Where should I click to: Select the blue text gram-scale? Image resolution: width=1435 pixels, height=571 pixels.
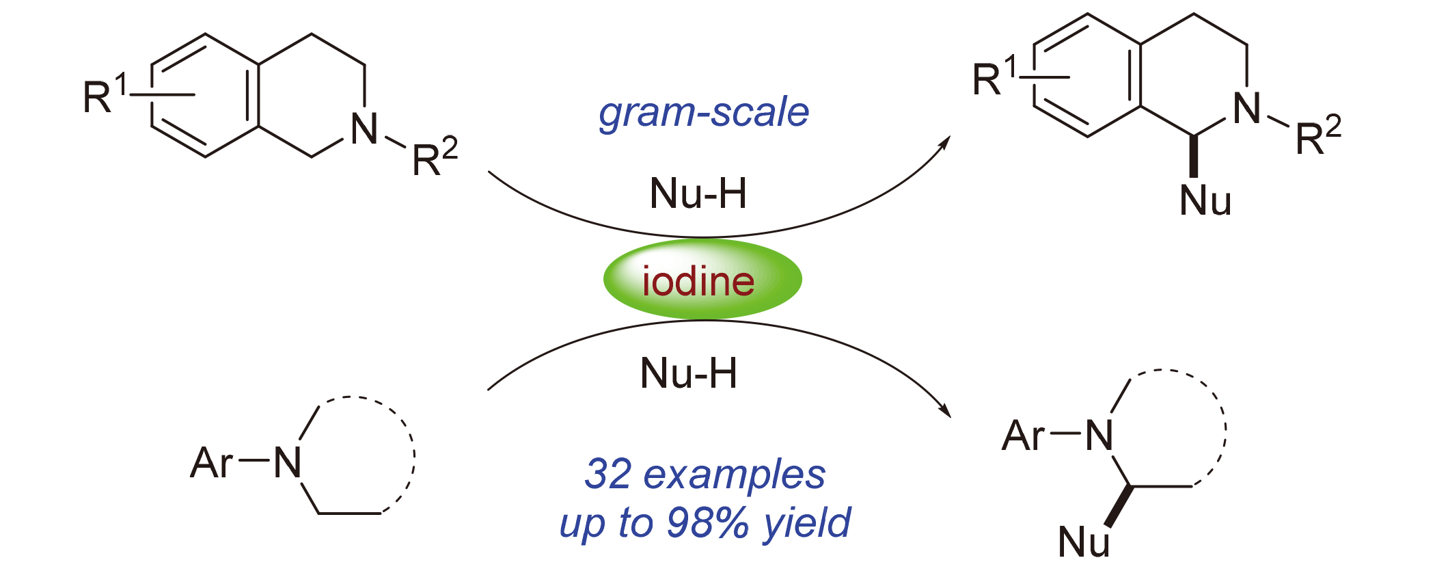pos(704,113)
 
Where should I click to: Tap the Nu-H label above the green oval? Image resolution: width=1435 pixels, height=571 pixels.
pos(698,194)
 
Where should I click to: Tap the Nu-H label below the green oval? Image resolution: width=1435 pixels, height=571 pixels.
pos(689,373)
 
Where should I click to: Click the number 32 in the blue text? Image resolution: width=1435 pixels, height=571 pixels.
pos(607,474)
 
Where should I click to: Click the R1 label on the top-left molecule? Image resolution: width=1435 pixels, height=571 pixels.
pos(105,96)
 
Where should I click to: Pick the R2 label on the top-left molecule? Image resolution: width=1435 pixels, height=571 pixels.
pos(435,158)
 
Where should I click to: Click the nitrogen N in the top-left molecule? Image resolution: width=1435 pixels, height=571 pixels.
pos(364,129)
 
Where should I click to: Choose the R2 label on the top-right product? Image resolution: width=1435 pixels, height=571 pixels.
pos(1318,137)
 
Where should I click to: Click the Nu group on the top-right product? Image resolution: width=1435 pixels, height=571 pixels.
pos(1205,201)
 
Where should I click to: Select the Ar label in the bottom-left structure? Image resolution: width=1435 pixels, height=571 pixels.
pos(212,463)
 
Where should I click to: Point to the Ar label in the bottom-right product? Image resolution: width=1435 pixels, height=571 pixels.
pos(1023,436)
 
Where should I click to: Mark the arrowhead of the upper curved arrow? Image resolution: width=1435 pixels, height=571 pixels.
pos(946,141)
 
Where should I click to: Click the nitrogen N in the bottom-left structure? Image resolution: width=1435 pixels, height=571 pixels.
pos(288,463)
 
